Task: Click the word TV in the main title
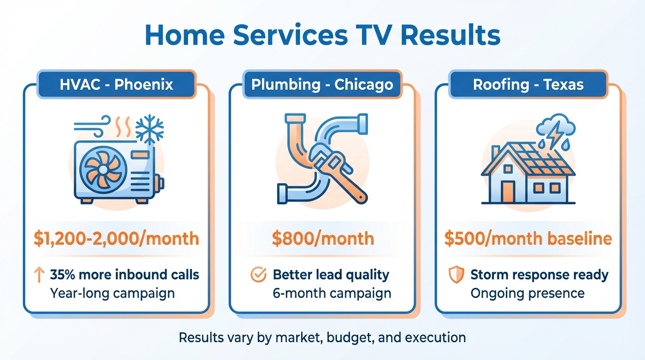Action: coord(374,36)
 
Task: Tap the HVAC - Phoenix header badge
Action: coord(116,84)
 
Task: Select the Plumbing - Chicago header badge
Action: coord(322,84)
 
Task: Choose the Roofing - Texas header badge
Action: coord(528,84)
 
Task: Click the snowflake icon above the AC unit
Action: coord(150,129)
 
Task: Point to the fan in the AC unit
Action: coord(103,170)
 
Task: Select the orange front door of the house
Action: coord(508,192)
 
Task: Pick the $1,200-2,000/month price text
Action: coord(116,239)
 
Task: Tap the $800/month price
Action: coord(323,239)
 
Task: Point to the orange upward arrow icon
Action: coord(39,275)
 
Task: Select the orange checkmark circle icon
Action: coord(258,275)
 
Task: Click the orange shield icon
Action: coord(457,275)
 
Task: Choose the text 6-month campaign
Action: coord(332,293)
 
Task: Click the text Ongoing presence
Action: coord(527,293)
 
